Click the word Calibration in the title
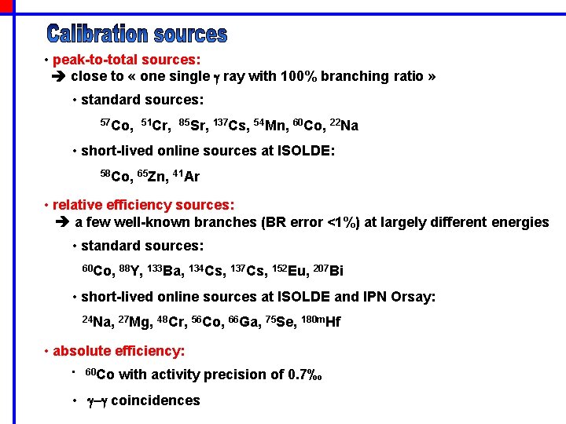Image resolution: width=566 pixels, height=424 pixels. coord(97,34)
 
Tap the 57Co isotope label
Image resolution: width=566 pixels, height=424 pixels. coord(116,125)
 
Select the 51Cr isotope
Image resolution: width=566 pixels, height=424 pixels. coord(155,125)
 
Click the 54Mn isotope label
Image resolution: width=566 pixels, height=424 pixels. coord(268,125)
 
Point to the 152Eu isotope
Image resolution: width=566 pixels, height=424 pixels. coord(288,272)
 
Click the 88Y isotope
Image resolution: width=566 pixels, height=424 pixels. coord(129,272)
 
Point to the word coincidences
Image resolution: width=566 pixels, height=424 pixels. coord(156,400)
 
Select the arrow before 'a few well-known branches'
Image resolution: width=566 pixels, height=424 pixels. coord(63,222)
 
